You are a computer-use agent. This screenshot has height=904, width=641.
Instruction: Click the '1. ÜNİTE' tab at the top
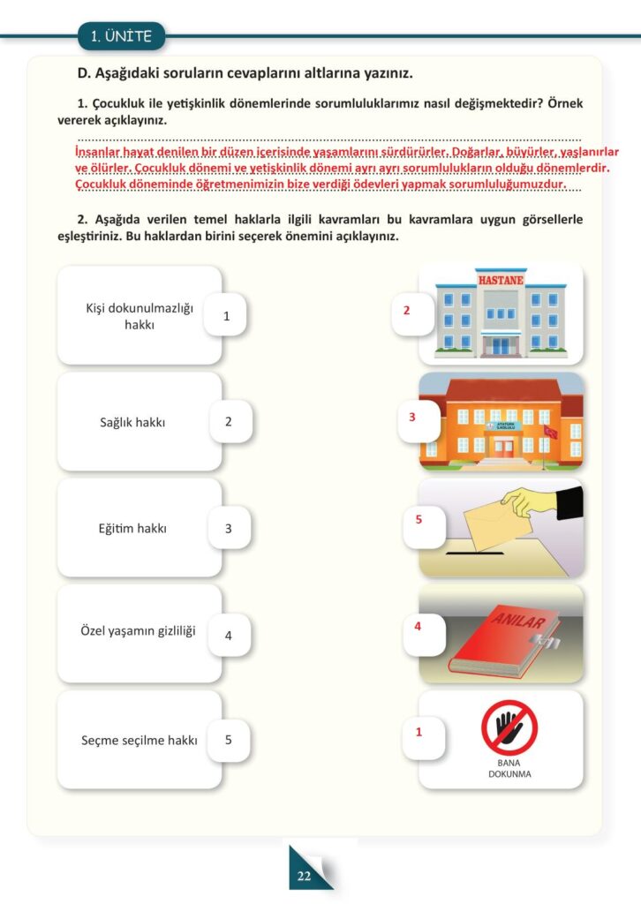pyautogui.click(x=122, y=36)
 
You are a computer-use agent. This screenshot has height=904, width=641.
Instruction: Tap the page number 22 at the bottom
pyautogui.click(x=305, y=876)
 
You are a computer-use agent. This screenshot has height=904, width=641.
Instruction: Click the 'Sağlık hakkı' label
pyautogui.click(x=132, y=422)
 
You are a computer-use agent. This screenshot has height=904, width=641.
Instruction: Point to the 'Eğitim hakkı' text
pyautogui.click(x=132, y=529)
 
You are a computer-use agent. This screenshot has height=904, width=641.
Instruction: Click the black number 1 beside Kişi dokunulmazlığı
pyautogui.click(x=227, y=316)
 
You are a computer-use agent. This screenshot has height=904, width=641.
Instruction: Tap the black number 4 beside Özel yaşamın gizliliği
pyautogui.click(x=228, y=635)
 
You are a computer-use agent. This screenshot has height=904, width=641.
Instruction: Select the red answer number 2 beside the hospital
pyautogui.click(x=407, y=311)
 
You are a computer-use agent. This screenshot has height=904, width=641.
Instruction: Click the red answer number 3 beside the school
pyautogui.click(x=412, y=417)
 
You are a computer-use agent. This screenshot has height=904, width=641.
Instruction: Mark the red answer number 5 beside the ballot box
pyautogui.click(x=419, y=519)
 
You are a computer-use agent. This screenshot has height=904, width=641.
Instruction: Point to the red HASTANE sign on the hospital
pyautogui.click(x=501, y=281)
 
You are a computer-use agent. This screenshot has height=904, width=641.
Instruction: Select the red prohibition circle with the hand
pyautogui.click(x=509, y=727)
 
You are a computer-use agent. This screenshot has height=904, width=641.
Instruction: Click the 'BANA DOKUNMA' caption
pyautogui.click(x=509, y=769)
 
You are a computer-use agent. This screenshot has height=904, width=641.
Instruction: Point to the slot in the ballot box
pyautogui.click(x=471, y=554)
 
